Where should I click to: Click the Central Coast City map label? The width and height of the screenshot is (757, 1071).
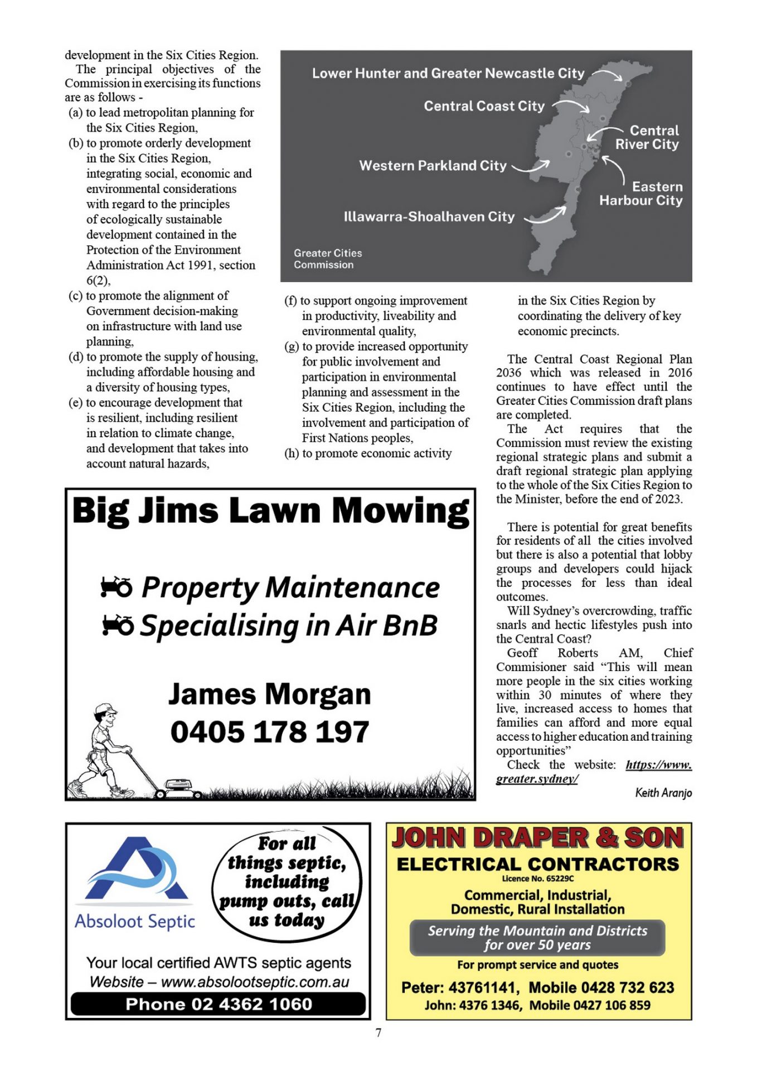[484, 106]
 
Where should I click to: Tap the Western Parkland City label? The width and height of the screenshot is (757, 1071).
[433, 166]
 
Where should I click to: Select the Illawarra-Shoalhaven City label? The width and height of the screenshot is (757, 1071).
[429, 216]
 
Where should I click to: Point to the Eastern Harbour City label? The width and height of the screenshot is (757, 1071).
[641, 194]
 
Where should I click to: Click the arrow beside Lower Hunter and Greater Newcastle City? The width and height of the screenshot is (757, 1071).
[608, 74]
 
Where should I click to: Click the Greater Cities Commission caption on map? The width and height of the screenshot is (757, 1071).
[328, 259]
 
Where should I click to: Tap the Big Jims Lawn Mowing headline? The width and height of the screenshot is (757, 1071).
[270, 510]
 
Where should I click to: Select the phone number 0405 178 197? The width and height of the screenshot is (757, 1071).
[270, 731]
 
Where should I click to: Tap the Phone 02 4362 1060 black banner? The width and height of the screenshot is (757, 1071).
[218, 1004]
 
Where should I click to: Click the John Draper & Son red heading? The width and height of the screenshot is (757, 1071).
[538, 838]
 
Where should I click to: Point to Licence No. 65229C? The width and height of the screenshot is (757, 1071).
[538, 879]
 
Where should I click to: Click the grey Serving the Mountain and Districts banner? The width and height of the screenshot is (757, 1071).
[537, 938]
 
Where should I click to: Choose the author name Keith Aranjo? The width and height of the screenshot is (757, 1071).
[663, 793]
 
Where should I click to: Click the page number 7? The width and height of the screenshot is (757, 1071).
[378, 1033]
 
